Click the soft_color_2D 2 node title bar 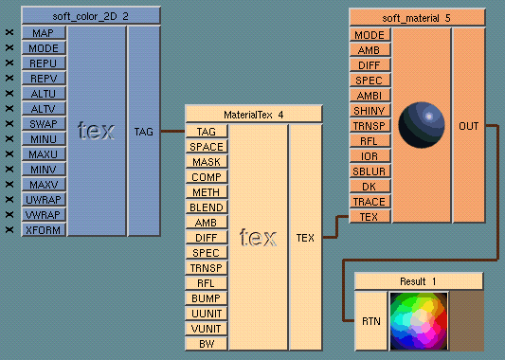(91, 16)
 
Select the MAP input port (45, 33)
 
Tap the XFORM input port (45, 230)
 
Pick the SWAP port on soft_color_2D (45, 124)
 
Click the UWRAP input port (45, 200)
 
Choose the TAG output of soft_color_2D (144, 132)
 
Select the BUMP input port (207, 298)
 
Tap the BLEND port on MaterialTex (207, 207)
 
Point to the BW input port (207, 344)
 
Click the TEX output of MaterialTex (305, 237)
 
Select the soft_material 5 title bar (418, 16)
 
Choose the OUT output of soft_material (468, 125)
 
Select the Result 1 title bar (419, 281)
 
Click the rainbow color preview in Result (417, 321)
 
